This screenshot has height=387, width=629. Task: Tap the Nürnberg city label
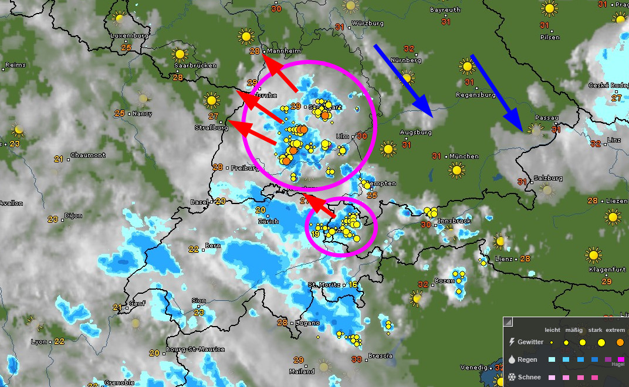point(407,60)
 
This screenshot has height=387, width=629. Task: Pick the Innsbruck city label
point(454,221)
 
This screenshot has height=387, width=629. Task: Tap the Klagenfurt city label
point(606,270)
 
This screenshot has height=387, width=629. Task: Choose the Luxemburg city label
point(129,36)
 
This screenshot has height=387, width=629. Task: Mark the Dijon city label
point(73,216)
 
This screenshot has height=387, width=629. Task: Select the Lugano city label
point(307,323)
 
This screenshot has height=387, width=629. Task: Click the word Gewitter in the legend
point(530,341)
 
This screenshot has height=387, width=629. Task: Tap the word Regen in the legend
point(527,359)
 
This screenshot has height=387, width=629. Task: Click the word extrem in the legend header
point(615,330)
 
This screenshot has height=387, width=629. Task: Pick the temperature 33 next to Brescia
point(356,359)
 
